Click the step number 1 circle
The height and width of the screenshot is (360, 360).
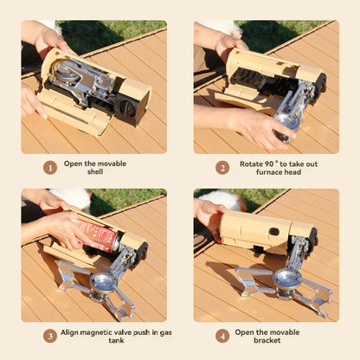pos(49,167)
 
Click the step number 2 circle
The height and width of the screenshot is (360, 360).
pos(222,167)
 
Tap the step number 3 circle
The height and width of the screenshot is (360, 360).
pos(49,335)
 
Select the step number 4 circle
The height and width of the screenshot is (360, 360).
pos(222,335)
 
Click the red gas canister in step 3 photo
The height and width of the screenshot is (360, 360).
pos(100,235)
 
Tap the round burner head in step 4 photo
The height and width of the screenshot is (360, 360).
pos(286,278)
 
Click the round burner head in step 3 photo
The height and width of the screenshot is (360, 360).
pos(104,282)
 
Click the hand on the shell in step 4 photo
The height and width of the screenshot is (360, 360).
pos(210,212)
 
